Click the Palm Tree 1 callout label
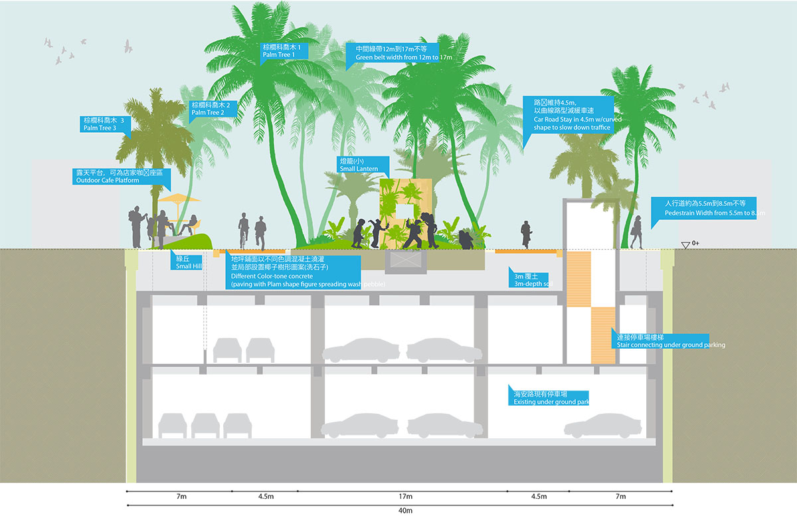(285, 51)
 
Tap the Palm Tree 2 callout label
(214, 109)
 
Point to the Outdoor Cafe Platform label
(120, 176)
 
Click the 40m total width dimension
(405, 511)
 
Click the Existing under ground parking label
(549, 397)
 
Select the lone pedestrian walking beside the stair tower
(526, 234)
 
